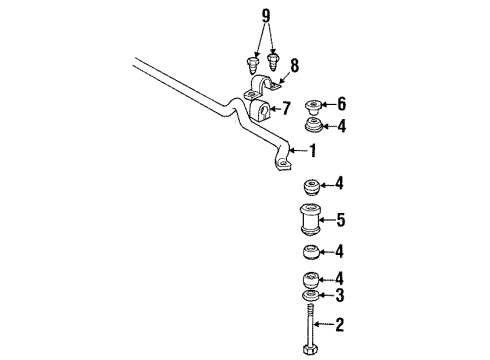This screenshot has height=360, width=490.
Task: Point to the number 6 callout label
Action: [x=341, y=103]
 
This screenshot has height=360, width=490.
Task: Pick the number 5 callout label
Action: [x=341, y=218]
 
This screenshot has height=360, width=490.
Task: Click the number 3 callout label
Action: [x=341, y=295]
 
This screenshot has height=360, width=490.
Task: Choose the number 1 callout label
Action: [x=314, y=152]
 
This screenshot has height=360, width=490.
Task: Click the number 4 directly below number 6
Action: [x=341, y=126]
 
